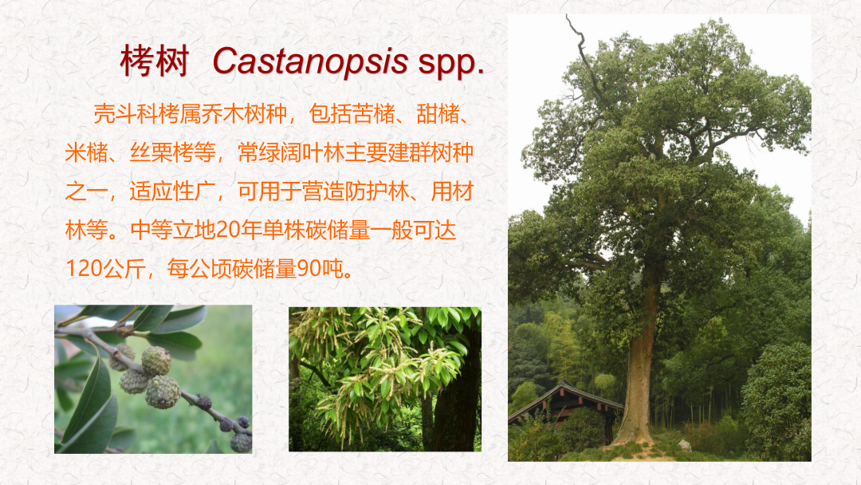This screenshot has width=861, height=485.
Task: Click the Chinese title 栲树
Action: click(155, 61)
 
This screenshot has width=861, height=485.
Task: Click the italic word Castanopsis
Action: click(310, 61)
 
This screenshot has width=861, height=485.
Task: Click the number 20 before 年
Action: click(227, 231)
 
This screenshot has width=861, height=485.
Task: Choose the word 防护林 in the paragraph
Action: click(377, 191)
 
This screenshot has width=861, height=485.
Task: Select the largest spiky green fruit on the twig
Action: click(163, 392)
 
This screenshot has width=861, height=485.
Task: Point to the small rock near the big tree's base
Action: click(684, 445)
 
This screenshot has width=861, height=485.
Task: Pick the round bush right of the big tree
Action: click(776, 396)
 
